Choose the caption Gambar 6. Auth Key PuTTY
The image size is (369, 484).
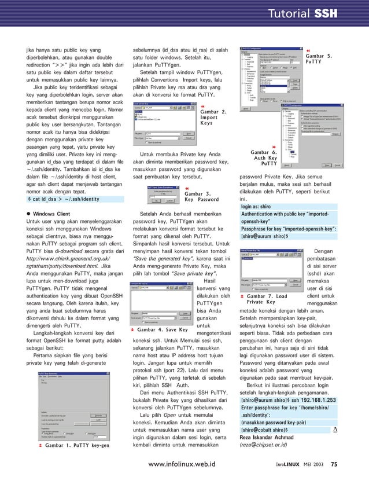pyautogui.click(x=268, y=157)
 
